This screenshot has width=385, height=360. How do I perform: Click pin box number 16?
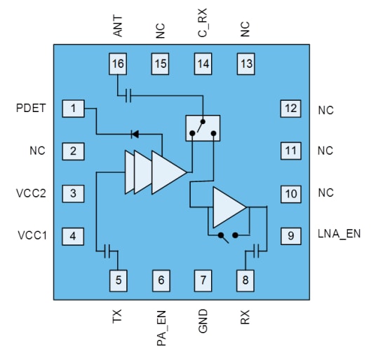pyautogui.click(x=118, y=64)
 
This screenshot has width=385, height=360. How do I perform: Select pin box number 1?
pyautogui.click(x=73, y=109)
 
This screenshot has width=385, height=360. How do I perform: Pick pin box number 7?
pyautogui.click(x=203, y=280)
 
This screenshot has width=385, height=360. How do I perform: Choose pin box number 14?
pyautogui.click(x=203, y=64)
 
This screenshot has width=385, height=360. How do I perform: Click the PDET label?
pyautogui.click(x=30, y=109)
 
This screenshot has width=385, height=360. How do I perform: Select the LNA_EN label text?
pyautogui.click(x=339, y=234)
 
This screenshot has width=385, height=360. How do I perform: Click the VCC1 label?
pyautogui.click(x=32, y=235)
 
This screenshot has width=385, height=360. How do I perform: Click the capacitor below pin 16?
pyautogui.click(x=128, y=95)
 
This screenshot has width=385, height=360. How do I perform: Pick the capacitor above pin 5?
pyautogui.click(x=107, y=249)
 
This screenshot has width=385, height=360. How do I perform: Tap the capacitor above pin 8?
pyautogui.click(x=259, y=249)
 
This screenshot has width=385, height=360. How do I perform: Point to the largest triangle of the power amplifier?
pyautogui.click(x=168, y=171)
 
